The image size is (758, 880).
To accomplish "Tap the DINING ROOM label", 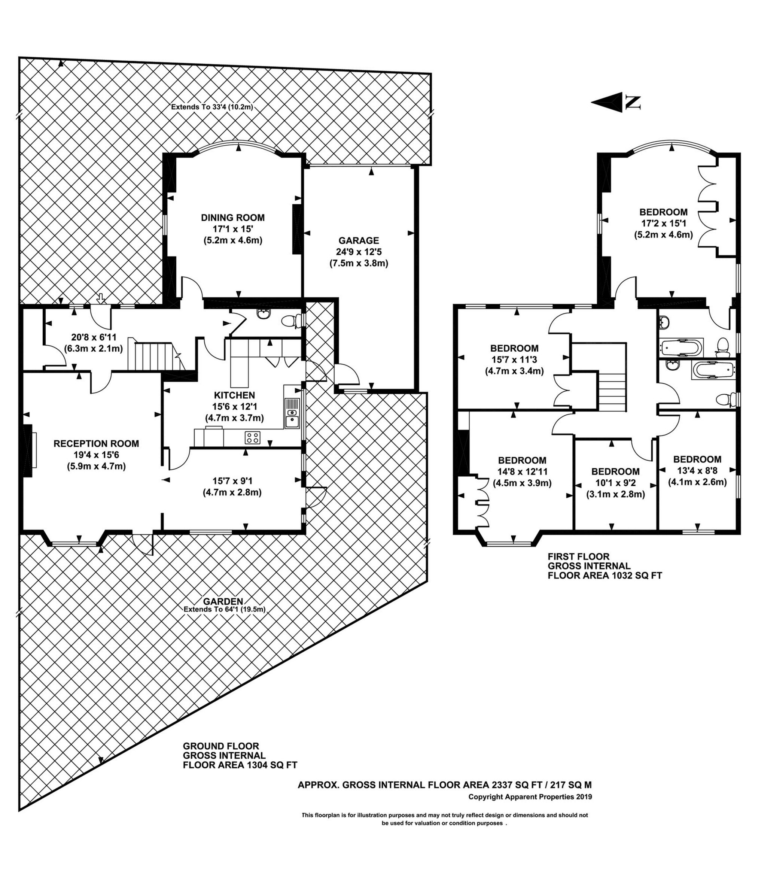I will [x=232, y=218].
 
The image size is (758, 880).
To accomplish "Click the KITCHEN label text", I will [x=234, y=395].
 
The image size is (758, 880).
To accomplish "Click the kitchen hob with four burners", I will [x=252, y=437].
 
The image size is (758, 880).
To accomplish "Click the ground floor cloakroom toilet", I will [x=290, y=321].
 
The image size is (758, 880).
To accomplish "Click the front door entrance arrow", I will [x=101, y=298].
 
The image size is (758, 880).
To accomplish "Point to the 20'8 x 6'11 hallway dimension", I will [x=94, y=338].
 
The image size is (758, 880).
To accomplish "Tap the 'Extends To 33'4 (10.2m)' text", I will [x=211, y=107].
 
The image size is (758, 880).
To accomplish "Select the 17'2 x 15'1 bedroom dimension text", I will [x=663, y=223].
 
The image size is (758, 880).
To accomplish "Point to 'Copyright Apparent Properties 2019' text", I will [x=530, y=797].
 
